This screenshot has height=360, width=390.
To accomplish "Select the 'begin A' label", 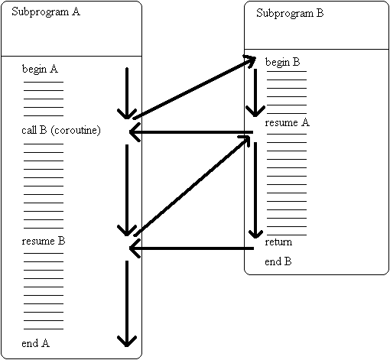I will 40,69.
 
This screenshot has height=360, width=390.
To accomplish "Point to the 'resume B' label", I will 43,241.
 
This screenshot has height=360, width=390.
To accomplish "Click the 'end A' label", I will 36,342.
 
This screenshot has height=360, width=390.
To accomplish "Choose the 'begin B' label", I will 282,62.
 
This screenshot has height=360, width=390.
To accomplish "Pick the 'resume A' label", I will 287,122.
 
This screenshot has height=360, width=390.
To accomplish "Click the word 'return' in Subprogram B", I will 278,242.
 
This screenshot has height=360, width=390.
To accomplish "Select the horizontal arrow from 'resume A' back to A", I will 191,133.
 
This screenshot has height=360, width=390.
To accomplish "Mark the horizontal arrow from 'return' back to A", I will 191,248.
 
